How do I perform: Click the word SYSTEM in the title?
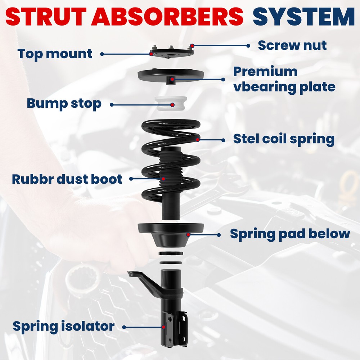click(303, 17)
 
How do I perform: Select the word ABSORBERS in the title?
click(167, 17)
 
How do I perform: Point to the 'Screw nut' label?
click(292, 45)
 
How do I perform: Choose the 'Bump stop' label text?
click(64, 104)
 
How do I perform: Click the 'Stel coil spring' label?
click(284, 139)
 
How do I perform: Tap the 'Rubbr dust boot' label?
click(67, 179)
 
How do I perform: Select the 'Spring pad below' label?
click(290, 234)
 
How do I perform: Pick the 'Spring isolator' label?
click(64, 327)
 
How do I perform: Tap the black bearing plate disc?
click(171, 76)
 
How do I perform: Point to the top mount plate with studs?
click(172, 52)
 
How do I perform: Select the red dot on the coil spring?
click(198, 140)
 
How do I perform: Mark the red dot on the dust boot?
click(163, 179)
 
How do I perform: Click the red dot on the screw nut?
click(192, 46)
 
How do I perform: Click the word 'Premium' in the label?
click(265, 72)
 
